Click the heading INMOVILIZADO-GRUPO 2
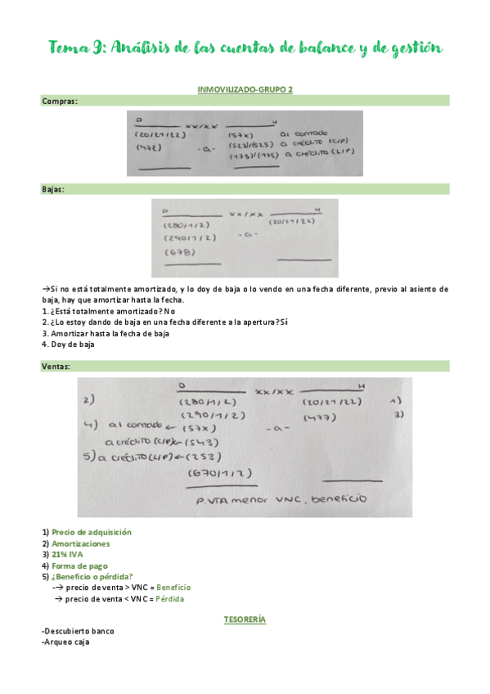coord(245,88)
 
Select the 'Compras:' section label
coord(60,101)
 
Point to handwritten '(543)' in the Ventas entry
coord(205,442)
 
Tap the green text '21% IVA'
coord(67,554)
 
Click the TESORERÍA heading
coord(245,620)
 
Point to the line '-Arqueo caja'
coord(65,642)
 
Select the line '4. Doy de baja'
coord(68,345)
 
